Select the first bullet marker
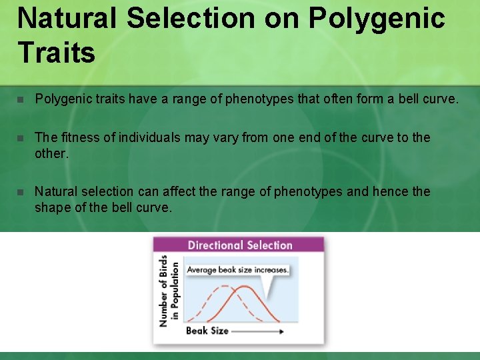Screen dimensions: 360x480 pos(21,100)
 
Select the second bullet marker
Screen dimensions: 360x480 pos(21,138)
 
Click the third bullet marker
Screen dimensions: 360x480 pos(21,192)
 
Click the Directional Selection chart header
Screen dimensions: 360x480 pos(239,245)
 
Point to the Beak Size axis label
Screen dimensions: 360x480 pos(207,331)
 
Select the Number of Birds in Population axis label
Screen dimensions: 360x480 pos(169,291)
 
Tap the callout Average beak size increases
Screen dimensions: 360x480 pos(237,270)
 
